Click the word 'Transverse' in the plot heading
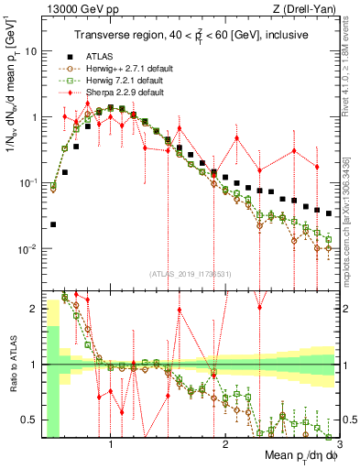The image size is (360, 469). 98,35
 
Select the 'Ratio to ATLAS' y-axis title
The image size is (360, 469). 12,365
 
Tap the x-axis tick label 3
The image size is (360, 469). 338,444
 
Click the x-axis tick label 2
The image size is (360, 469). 225,444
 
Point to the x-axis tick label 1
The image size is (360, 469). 112,444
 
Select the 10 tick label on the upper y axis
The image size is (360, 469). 29,51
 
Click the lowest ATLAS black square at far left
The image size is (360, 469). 53,224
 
